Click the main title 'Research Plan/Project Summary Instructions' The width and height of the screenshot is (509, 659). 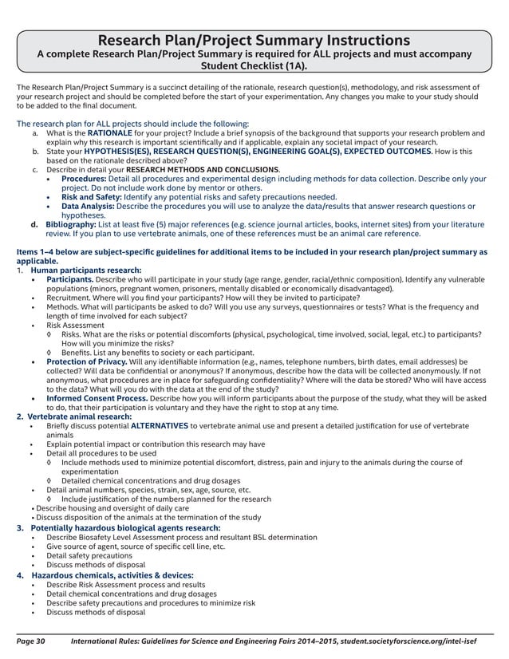coord(254,40)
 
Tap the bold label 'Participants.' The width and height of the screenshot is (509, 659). coord(69,280)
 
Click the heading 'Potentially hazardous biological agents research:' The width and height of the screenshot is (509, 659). coord(125,527)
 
